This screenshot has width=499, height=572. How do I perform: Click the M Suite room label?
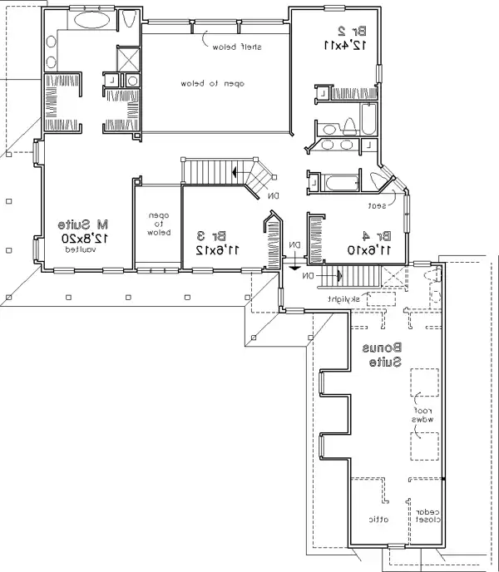click(x=84, y=224)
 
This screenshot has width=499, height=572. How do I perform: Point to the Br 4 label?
click(x=370, y=236)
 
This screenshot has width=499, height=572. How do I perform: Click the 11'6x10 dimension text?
click(x=370, y=249)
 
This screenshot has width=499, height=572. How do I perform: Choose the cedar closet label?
click(x=428, y=516)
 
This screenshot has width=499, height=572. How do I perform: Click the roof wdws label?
click(x=423, y=415)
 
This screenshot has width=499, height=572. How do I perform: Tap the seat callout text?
click(x=376, y=204)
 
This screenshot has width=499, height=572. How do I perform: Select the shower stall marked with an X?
click(x=127, y=60)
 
